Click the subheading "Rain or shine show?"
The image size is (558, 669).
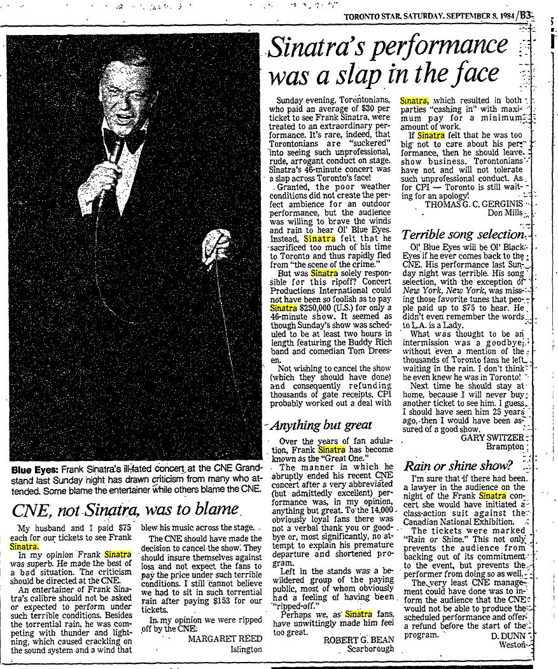tap(457, 466)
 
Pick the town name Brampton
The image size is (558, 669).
tap(503, 446)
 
